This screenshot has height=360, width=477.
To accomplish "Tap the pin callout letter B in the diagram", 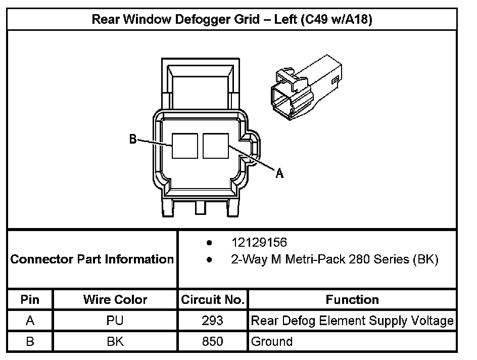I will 133,139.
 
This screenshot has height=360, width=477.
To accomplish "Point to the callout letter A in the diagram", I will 279,173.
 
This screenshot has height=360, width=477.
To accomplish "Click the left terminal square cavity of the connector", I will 184,146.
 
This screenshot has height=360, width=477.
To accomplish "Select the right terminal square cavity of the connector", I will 216,146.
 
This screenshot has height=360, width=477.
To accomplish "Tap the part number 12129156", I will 259,243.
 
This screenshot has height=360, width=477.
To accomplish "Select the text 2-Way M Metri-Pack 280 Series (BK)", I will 335,260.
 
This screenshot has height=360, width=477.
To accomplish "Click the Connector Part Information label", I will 92,259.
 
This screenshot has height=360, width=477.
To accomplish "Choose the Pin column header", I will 30,299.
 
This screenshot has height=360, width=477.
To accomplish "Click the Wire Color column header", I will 115,299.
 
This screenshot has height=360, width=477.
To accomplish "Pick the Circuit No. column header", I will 213,299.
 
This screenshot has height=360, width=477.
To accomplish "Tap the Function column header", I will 352,299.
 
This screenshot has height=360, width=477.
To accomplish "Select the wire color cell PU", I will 115,321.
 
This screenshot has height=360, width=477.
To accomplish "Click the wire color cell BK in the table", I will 115,341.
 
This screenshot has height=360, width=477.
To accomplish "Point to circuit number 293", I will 212,321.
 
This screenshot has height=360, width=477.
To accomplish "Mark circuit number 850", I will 212,341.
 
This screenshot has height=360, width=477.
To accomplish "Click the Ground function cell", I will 272,341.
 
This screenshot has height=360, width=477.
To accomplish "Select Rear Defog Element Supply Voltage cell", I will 352,321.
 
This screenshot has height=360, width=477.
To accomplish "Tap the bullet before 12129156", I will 209,243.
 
